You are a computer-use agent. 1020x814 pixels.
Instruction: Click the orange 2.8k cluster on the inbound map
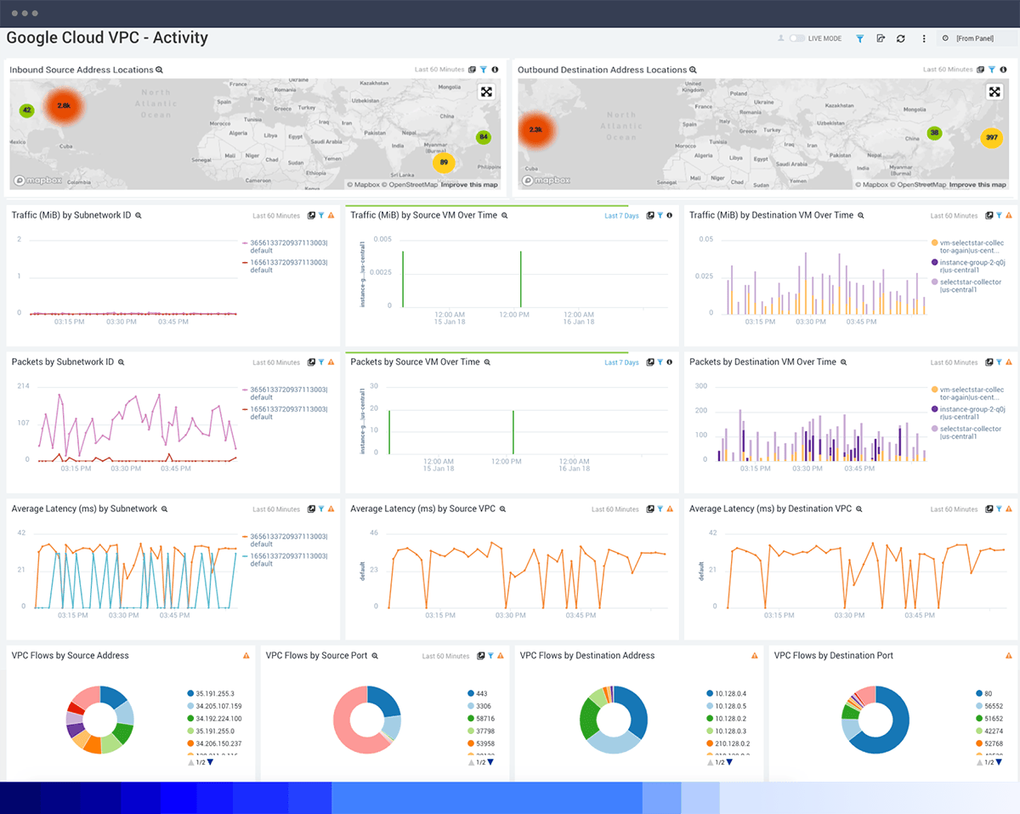[x=65, y=105]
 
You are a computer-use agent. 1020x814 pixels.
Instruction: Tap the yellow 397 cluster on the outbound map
[x=991, y=138]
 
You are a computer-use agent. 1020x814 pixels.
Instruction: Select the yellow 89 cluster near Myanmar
[x=444, y=162]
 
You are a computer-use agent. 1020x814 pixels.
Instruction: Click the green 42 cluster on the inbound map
[x=27, y=111]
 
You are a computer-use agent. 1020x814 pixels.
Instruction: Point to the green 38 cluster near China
[x=935, y=133]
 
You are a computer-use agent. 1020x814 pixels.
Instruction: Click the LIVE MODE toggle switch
[x=796, y=39]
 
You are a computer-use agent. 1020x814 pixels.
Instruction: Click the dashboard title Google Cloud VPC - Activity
[x=107, y=38]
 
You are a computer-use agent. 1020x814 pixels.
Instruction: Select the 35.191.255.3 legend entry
[x=215, y=693]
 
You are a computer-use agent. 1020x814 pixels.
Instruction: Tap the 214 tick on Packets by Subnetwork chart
[x=23, y=386]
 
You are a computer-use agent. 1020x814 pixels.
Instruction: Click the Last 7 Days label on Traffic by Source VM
[x=621, y=216]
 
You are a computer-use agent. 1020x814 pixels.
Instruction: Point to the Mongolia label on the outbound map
[x=914, y=110]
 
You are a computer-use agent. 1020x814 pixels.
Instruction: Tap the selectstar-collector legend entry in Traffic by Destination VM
[x=970, y=286]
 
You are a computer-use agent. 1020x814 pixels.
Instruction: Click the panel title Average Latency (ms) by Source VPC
[x=422, y=509]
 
